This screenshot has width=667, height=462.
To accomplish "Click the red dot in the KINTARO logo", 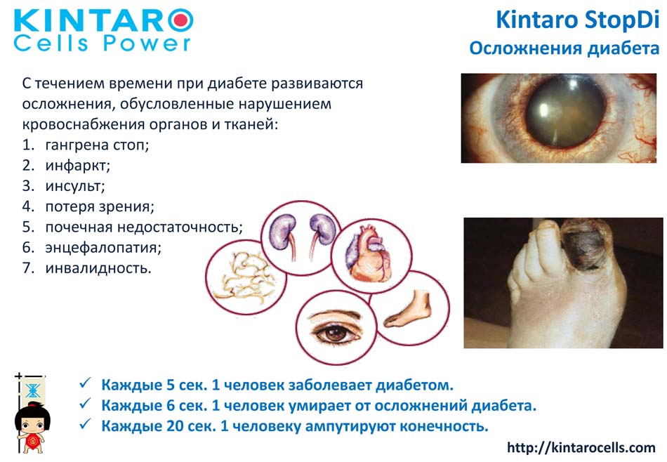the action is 181,20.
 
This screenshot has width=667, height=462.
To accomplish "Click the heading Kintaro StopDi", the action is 577,20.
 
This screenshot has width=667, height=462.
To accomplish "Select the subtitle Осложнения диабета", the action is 564,48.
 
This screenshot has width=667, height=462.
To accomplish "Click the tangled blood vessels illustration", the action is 244,277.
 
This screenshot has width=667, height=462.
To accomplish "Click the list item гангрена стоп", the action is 97,145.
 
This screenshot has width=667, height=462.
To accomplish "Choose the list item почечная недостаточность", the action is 144,227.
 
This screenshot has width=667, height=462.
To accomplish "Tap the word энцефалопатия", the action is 103,247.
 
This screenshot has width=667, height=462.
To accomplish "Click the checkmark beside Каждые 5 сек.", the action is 85,383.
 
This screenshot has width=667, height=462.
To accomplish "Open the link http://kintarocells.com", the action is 581,447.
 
